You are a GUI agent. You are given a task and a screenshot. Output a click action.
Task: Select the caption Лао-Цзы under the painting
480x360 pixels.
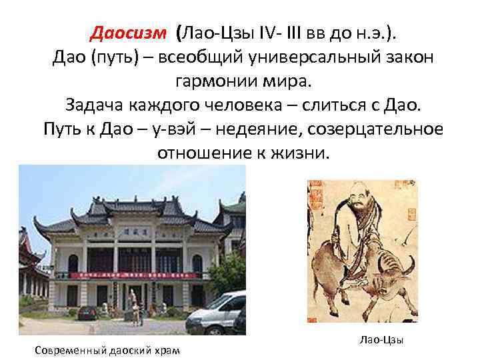click(381, 341)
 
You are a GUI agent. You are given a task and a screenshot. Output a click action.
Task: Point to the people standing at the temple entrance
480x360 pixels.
click(136, 309)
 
